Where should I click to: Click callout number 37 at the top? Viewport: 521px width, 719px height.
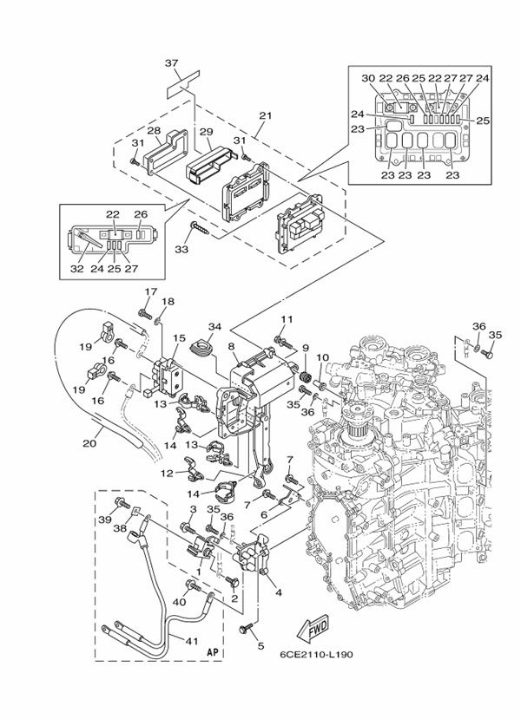[x=171, y=62]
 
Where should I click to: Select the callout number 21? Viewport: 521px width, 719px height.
[x=265, y=114]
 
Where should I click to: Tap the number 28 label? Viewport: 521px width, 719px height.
[x=153, y=130]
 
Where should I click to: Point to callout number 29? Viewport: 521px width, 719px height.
[x=207, y=131]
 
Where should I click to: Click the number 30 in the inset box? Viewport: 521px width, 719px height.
[x=367, y=78]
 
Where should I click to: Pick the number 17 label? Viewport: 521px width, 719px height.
[x=149, y=291]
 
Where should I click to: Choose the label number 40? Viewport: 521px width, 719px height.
[x=180, y=601]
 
